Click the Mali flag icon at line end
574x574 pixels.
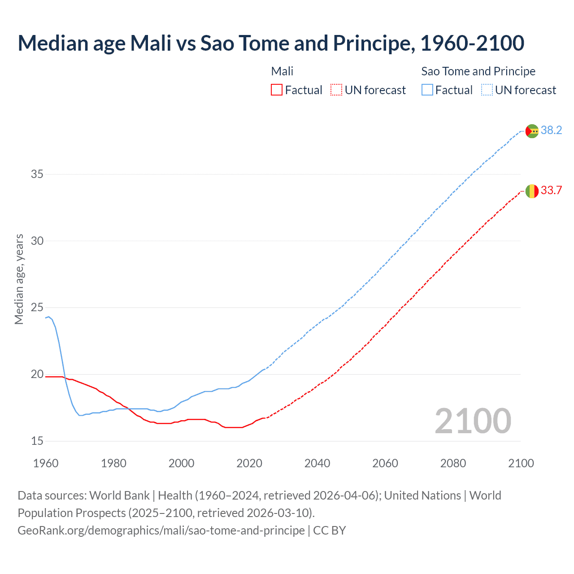(x=532, y=191)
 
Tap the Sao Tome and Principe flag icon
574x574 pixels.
(x=532, y=131)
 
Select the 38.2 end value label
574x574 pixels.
(x=551, y=130)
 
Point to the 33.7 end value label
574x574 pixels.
(x=551, y=191)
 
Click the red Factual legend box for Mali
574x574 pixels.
(x=277, y=90)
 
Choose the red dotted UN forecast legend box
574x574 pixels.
(x=336, y=90)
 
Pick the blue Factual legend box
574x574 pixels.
(x=427, y=90)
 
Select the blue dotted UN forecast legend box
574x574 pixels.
(x=487, y=90)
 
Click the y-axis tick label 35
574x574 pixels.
(x=37, y=174)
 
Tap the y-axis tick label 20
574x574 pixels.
(x=37, y=374)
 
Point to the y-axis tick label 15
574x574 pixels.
(x=37, y=441)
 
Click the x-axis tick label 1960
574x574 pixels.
(x=46, y=463)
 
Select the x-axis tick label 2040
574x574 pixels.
(x=317, y=463)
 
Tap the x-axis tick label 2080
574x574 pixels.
(x=453, y=463)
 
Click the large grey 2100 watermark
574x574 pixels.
(x=473, y=421)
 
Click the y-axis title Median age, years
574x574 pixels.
(x=19, y=279)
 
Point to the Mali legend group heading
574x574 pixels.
(x=282, y=71)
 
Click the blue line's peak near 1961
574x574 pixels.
(x=49, y=317)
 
